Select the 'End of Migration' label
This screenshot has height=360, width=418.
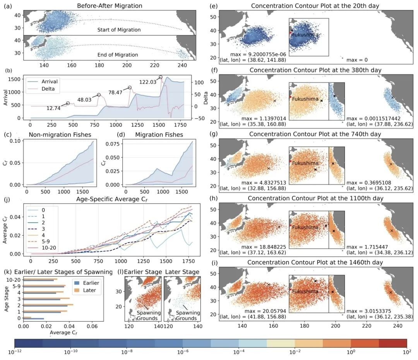coord(118,55)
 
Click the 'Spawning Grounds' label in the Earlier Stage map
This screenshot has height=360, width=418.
coord(147,315)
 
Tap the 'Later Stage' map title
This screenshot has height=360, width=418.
coord(182,272)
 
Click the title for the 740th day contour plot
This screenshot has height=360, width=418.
coord(315,134)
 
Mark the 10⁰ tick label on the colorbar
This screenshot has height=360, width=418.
coord(351,352)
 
